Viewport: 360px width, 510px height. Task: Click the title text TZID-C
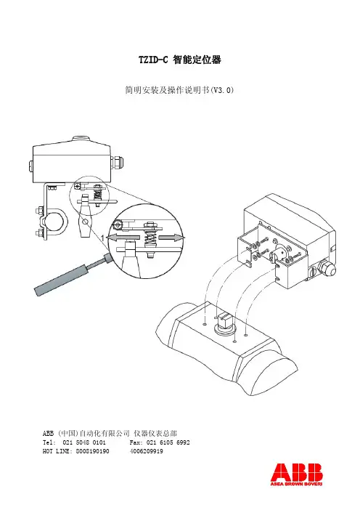pyautogui.click(x=153, y=60)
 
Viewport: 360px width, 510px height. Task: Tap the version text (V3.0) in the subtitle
pyautogui.click(x=222, y=90)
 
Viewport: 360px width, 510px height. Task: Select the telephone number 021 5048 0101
pyautogui.click(x=83, y=442)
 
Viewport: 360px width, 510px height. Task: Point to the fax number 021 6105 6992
pyautogui.click(x=168, y=442)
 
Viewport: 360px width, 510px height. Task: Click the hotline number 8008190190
pyautogui.click(x=93, y=451)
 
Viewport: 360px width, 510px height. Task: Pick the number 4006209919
pyautogui.click(x=146, y=451)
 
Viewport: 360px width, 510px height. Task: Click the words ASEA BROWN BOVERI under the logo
pyautogui.click(x=297, y=484)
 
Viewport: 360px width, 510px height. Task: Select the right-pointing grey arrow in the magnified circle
pyautogui.click(x=171, y=238)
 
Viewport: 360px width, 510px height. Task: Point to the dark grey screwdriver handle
pyautogui.click(x=61, y=279)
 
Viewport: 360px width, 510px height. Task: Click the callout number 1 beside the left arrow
pyautogui.click(x=102, y=238)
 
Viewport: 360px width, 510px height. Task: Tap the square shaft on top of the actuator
pyautogui.click(x=225, y=320)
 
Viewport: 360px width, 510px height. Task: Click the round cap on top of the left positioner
pyautogui.click(x=80, y=139)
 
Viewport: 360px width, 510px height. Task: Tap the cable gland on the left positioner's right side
pyautogui.click(x=118, y=162)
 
